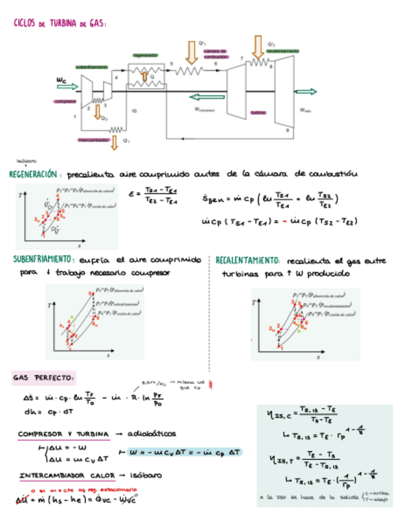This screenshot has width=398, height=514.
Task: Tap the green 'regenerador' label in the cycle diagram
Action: pos(145,55)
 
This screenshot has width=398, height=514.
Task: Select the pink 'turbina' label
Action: pos(258,113)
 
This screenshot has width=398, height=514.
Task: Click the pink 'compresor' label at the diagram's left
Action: pos(66,101)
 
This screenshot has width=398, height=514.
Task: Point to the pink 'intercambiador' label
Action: pos(93,139)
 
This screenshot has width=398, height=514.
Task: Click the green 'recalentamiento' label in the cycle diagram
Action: pos(282,50)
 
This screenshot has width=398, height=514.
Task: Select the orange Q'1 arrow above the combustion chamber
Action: pos(192,53)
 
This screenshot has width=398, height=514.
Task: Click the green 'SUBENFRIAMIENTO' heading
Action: pos(42,259)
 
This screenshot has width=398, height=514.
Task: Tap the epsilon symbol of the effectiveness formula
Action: pos(132,195)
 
